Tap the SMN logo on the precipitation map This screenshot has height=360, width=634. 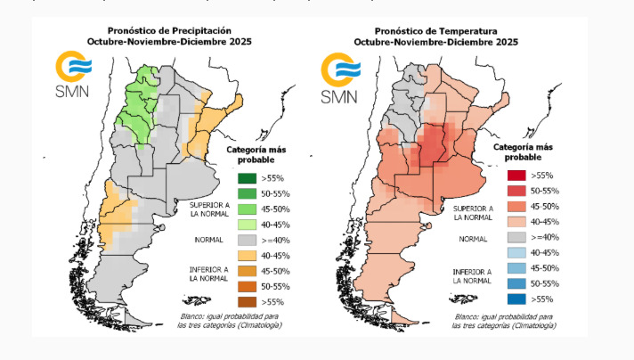pyautogui.click(x=74, y=78)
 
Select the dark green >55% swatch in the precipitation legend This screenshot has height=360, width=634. pyautogui.click(x=248, y=178)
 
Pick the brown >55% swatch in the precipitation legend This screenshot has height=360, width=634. pyautogui.click(x=248, y=301)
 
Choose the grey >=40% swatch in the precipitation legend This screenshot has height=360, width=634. pyautogui.click(x=248, y=240)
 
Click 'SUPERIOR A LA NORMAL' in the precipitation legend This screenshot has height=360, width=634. pyautogui.click(x=208, y=209)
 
